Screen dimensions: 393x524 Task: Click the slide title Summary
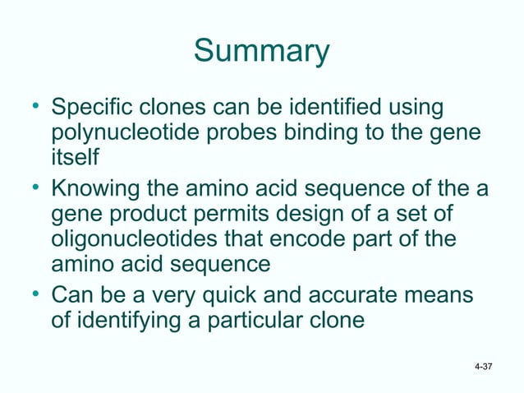pos(261,53)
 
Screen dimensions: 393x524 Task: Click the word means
pos(445,294)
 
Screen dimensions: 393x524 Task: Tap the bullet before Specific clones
pos(35,108)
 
